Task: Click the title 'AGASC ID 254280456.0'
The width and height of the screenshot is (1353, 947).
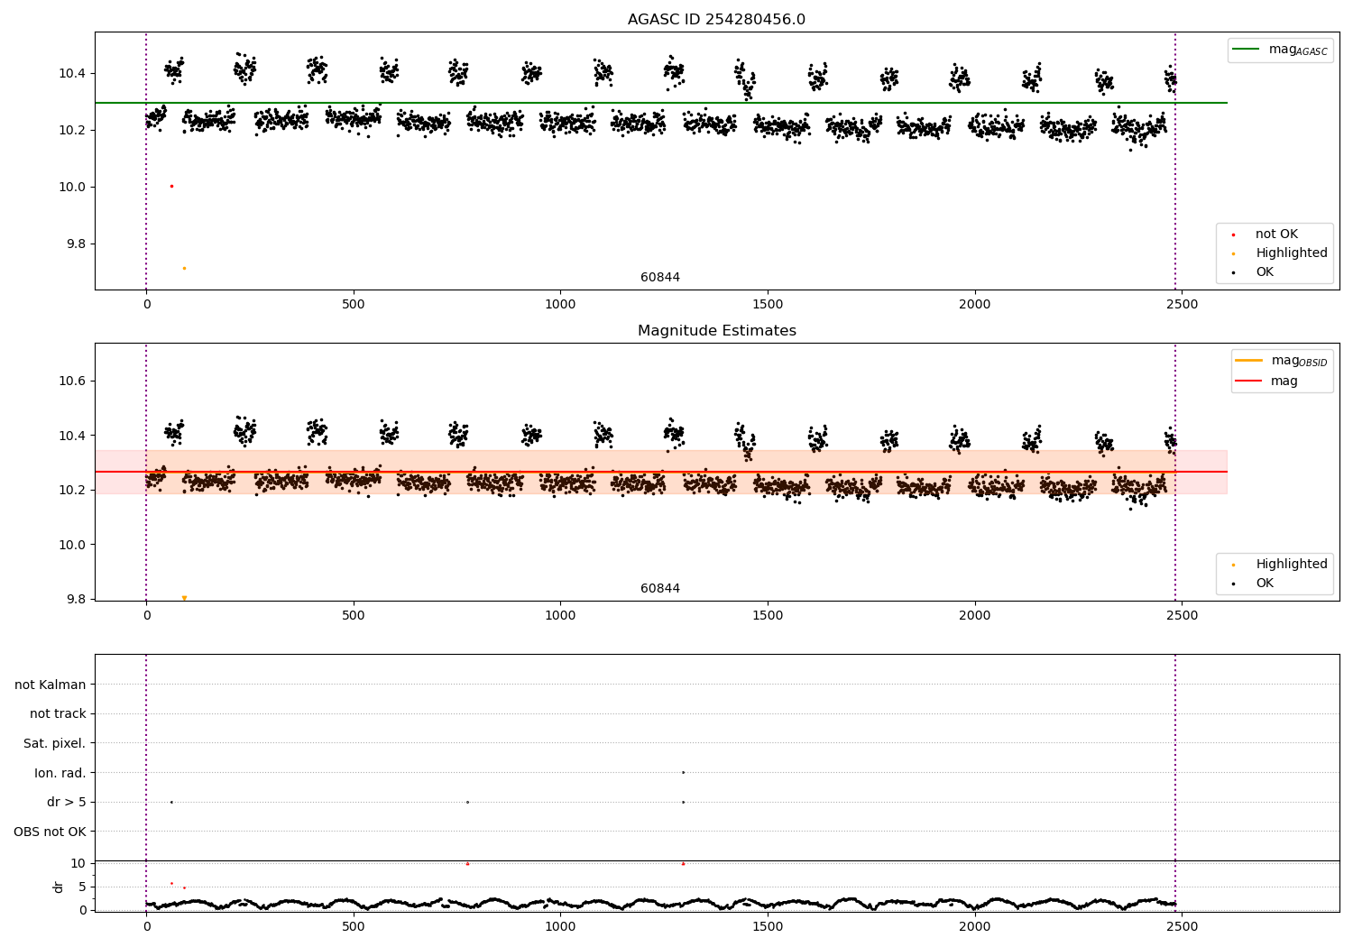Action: [x=716, y=20]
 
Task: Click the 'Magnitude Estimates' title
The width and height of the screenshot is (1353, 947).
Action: [x=716, y=331]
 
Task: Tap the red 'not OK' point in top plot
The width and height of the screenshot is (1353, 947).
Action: [x=171, y=186]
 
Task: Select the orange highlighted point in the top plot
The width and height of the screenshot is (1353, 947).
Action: [x=184, y=268]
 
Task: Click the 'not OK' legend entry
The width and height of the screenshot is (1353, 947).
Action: [x=1275, y=234]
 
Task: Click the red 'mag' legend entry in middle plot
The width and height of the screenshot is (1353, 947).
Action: [x=1284, y=382]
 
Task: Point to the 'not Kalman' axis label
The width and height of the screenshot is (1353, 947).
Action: [x=51, y=685]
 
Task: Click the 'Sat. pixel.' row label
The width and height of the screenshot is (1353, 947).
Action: [x=54, y=743]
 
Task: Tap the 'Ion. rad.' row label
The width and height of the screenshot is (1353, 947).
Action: [x=60, y=773]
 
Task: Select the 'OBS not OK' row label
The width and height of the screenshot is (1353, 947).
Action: [x=50, y=832]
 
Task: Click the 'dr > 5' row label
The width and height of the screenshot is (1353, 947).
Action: [x=66, y=802]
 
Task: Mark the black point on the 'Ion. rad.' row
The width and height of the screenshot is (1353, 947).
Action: [x=683, y=772]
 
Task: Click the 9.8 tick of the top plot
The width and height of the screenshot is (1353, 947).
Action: [x=74, y=244]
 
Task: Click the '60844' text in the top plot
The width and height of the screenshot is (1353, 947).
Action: [x=660, y=278]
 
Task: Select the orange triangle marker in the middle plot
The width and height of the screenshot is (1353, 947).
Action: [x=184, y=598]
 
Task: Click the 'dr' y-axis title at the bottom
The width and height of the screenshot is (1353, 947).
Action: [x=59, y=887]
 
